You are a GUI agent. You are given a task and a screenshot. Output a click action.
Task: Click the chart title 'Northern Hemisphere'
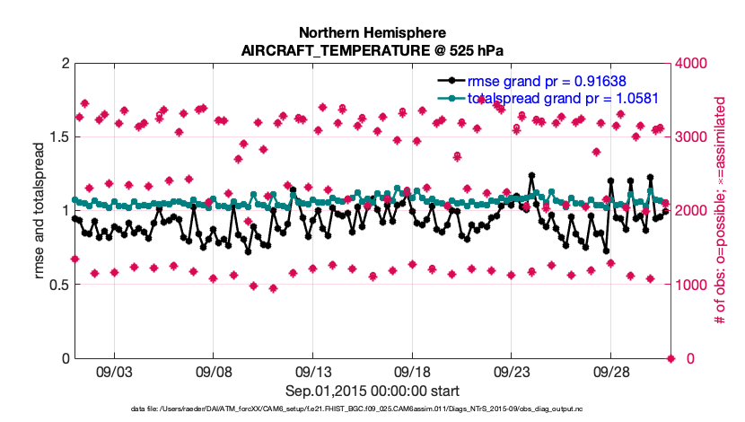tap(372, 34)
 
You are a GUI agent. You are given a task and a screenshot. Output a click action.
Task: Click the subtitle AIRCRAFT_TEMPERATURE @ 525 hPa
tap(372, 51)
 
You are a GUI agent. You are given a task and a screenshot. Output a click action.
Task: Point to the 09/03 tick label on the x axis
tap(114, 372)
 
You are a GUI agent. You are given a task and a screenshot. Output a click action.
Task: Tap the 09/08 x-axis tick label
tap(214, 372)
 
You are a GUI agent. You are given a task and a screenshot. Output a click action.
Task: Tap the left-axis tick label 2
tap(64, 64)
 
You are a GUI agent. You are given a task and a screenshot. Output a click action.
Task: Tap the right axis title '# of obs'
tap(719, 211)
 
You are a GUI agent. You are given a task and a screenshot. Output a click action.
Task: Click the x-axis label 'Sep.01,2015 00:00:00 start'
tap(372, 391)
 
